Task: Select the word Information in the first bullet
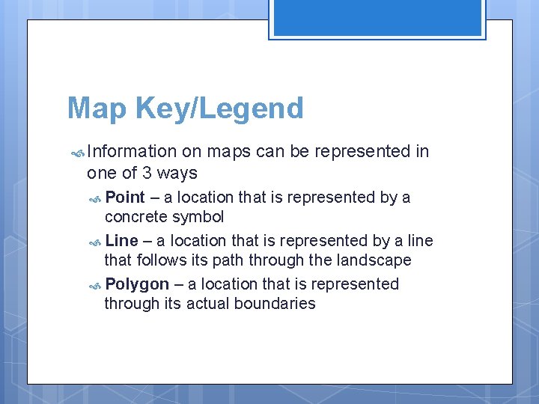click(x=132, y=152)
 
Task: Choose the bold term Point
click(x=125, y=198)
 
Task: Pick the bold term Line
click(x=122, y=241)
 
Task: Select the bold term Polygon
click(x=137, y=284)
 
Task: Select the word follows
click(x=162, y=260)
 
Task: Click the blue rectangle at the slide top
click(x=377, y=16)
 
